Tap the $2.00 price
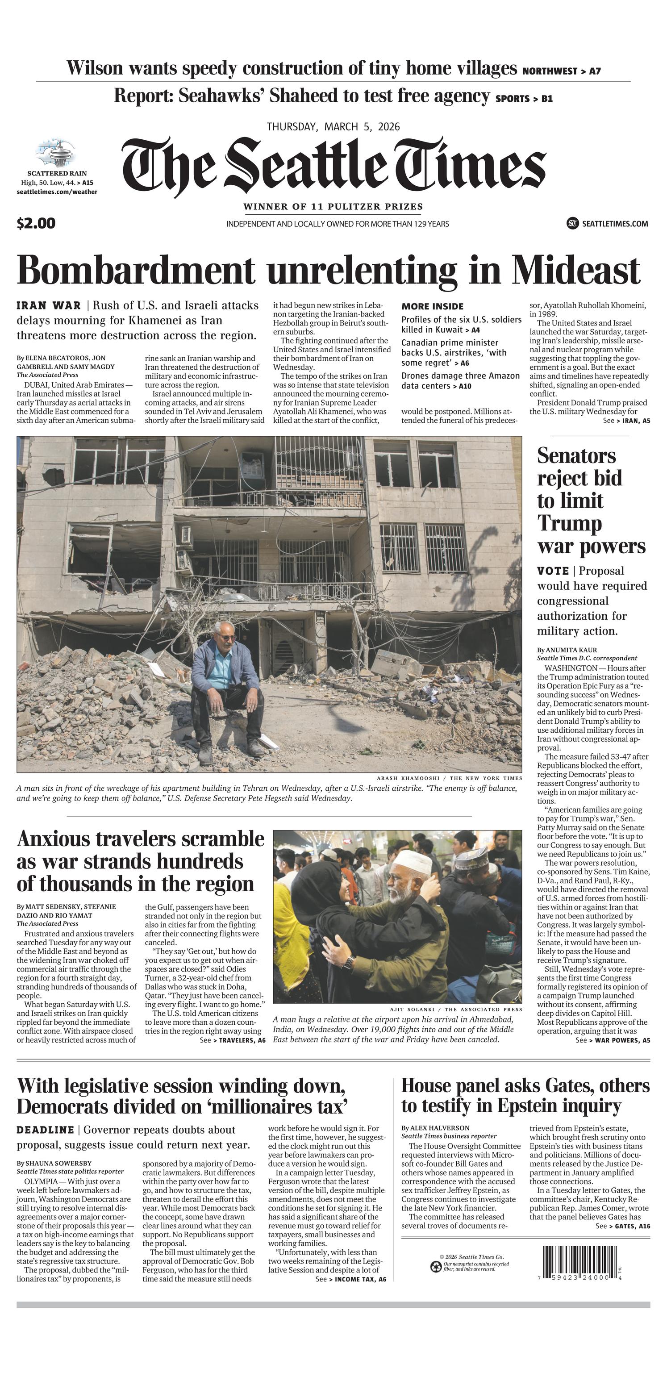(36, 223)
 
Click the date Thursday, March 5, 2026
(333, 127)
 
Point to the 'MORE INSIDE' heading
(432, 306)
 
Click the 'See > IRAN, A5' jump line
(626, 421)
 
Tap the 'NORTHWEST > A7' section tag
(561, 71)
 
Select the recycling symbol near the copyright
(436, 1266)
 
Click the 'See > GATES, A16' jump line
(623, 1226)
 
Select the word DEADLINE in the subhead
(45, 1130)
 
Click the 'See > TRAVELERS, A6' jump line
(233, 1040)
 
